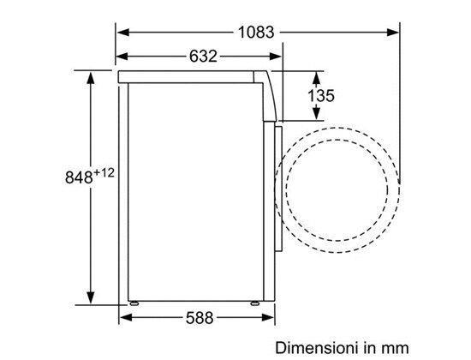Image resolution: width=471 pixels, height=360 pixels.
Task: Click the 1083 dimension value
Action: pyautogui.click(x=256, y=33)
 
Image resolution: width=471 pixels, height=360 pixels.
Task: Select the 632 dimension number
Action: pyautogui.click(x=203, y=57)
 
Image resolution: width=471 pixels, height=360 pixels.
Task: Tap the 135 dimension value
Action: pyautogui.click(x=321, y=96)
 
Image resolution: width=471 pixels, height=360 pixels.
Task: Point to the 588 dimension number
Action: pyautogui.click(x=200, y=318)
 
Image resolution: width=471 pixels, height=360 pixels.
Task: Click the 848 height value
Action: pyautogui.click(x=79, y=177)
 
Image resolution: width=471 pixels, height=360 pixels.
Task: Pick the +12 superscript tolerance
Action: pyautogui.click(x=104, y=173)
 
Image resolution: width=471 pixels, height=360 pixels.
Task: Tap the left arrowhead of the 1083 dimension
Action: pyautogui.click(x=123, y=33)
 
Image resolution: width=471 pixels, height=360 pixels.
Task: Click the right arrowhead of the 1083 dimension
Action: pyautogui.click(x=393, y=33)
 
